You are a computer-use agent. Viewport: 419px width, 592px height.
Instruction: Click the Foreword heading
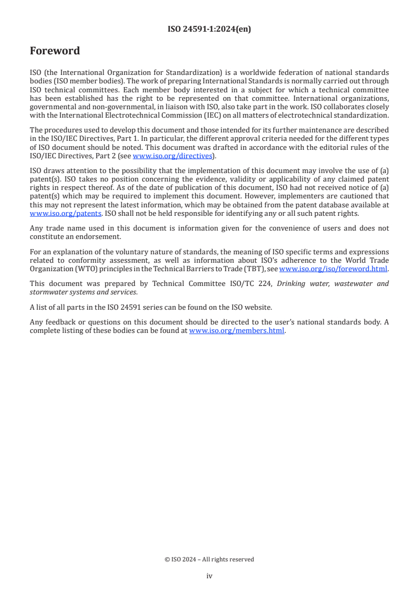pyautogui.click(x=55, y=51)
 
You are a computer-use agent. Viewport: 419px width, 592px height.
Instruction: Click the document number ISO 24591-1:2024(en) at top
pyautogui.click(x=209, y=30)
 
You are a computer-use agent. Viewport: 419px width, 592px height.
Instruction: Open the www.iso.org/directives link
pyautogui.click(x=172, y=156)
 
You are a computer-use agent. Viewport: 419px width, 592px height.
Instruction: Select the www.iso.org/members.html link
pyautogui.click(x=237, y=331)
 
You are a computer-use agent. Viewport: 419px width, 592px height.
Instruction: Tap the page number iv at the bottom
pyautogui.click(x=209, y=576)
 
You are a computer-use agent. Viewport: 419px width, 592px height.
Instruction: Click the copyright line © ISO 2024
pyautogui.click(x=209, y=559)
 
